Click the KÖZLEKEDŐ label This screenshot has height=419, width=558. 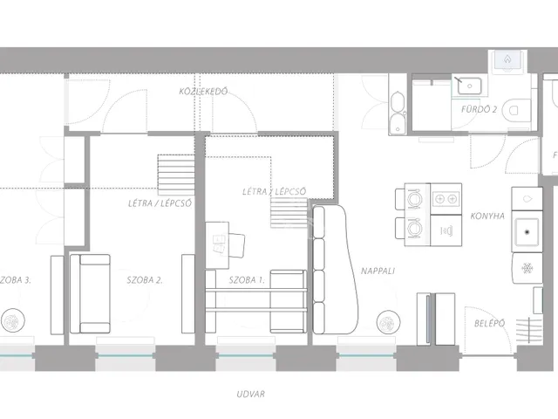coord(203,91)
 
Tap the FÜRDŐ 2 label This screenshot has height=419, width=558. coord(479,109)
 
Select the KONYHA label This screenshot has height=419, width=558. coord(487,216)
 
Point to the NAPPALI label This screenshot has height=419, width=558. coord(378,271)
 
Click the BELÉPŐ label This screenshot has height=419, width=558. coord(489,323)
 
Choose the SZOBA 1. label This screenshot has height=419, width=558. coord(247,280)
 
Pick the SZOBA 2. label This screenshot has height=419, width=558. coord(145,280)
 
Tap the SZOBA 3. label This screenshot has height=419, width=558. coord(16,280)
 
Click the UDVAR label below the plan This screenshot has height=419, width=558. coord(250,394)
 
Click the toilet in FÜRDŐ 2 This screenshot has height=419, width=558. coord(516,110)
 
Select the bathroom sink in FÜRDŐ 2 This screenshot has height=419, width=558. coord(469,86)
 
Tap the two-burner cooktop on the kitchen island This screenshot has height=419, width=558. coord(446,199)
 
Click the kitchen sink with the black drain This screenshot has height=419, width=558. coord(527,232)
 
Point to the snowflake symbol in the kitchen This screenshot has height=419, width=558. coord(527,268)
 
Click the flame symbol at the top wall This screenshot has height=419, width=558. coord(507,59)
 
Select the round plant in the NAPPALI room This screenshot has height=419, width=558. coord(388,322)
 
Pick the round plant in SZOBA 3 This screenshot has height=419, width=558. coord(13,320)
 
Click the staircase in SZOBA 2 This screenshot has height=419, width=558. coord(176,175)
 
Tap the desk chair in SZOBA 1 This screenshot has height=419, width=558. coord(235,244)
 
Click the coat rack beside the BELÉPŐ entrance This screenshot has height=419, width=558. coord(529,331)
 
